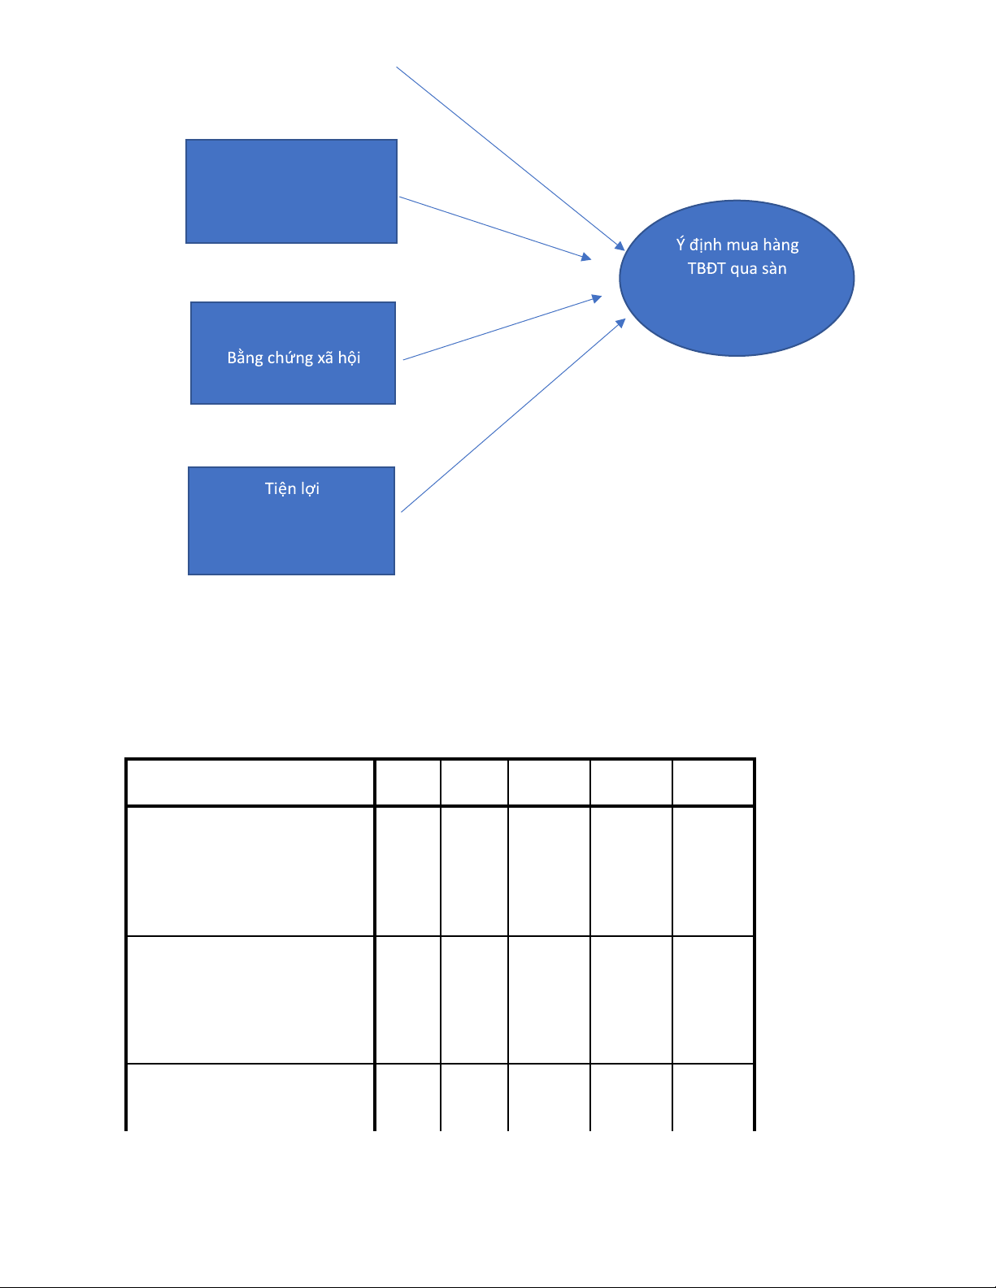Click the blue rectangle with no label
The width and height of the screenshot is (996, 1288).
pyautogui.click(x=291, y=192)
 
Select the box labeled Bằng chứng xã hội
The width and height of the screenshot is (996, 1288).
pyautogui.click(x=293, y=353)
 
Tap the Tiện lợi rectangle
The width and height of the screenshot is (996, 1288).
pyautogui.click(x=292, y=521)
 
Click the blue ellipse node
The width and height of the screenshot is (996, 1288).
pyautogui.click(x=737, y=278)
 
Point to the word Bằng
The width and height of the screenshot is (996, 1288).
pyautogui.click(x=245, y=358)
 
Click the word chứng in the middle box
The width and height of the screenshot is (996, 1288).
pyautogui.click(x=290, y=358)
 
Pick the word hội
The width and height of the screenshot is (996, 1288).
pyautogui.click(x=349, y=358)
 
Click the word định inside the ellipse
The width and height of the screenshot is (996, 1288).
pyautogui.click(x=706, y=245)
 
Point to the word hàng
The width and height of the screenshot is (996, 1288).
pyautogui.click(x=781, y=245)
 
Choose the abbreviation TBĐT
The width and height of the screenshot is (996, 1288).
pyautogui.click(x=707, y=268)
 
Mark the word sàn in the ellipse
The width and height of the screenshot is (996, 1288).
pyautogui.click(x=774, y=268)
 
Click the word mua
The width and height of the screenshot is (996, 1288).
pyautogui.click(x=742, y=245)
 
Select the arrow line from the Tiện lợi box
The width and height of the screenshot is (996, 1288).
pyautogui.click(x=513, y=415)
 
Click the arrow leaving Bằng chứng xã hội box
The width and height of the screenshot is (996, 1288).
pyautogui.click(x=502, y=327)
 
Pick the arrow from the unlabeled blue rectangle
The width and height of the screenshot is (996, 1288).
pyautogui.click(x=495, y=228)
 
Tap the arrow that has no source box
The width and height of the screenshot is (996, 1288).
pyautogui.click(x=511, y=158)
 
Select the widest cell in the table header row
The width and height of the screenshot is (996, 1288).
pyautogui.click(x=250, y=783)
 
